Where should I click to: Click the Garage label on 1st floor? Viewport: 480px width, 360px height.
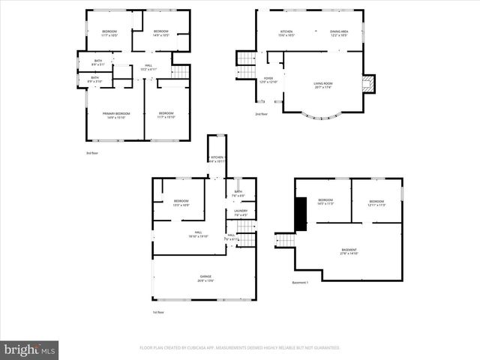(205, 278)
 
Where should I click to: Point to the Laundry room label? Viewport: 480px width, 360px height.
(241, 212)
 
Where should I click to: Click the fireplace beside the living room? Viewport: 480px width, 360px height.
(367, 84)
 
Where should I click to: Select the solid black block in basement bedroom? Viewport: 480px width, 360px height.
(301, 214)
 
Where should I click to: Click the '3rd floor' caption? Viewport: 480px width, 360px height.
(91, 152)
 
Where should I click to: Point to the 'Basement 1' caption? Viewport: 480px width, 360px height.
(300, 283)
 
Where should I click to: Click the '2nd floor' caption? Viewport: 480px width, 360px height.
(261, 114)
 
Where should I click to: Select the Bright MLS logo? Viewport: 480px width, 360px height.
(30, 349)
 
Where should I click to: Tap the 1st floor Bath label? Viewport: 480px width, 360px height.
(238, 193)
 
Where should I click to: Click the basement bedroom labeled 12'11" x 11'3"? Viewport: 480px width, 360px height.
(376, 202)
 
